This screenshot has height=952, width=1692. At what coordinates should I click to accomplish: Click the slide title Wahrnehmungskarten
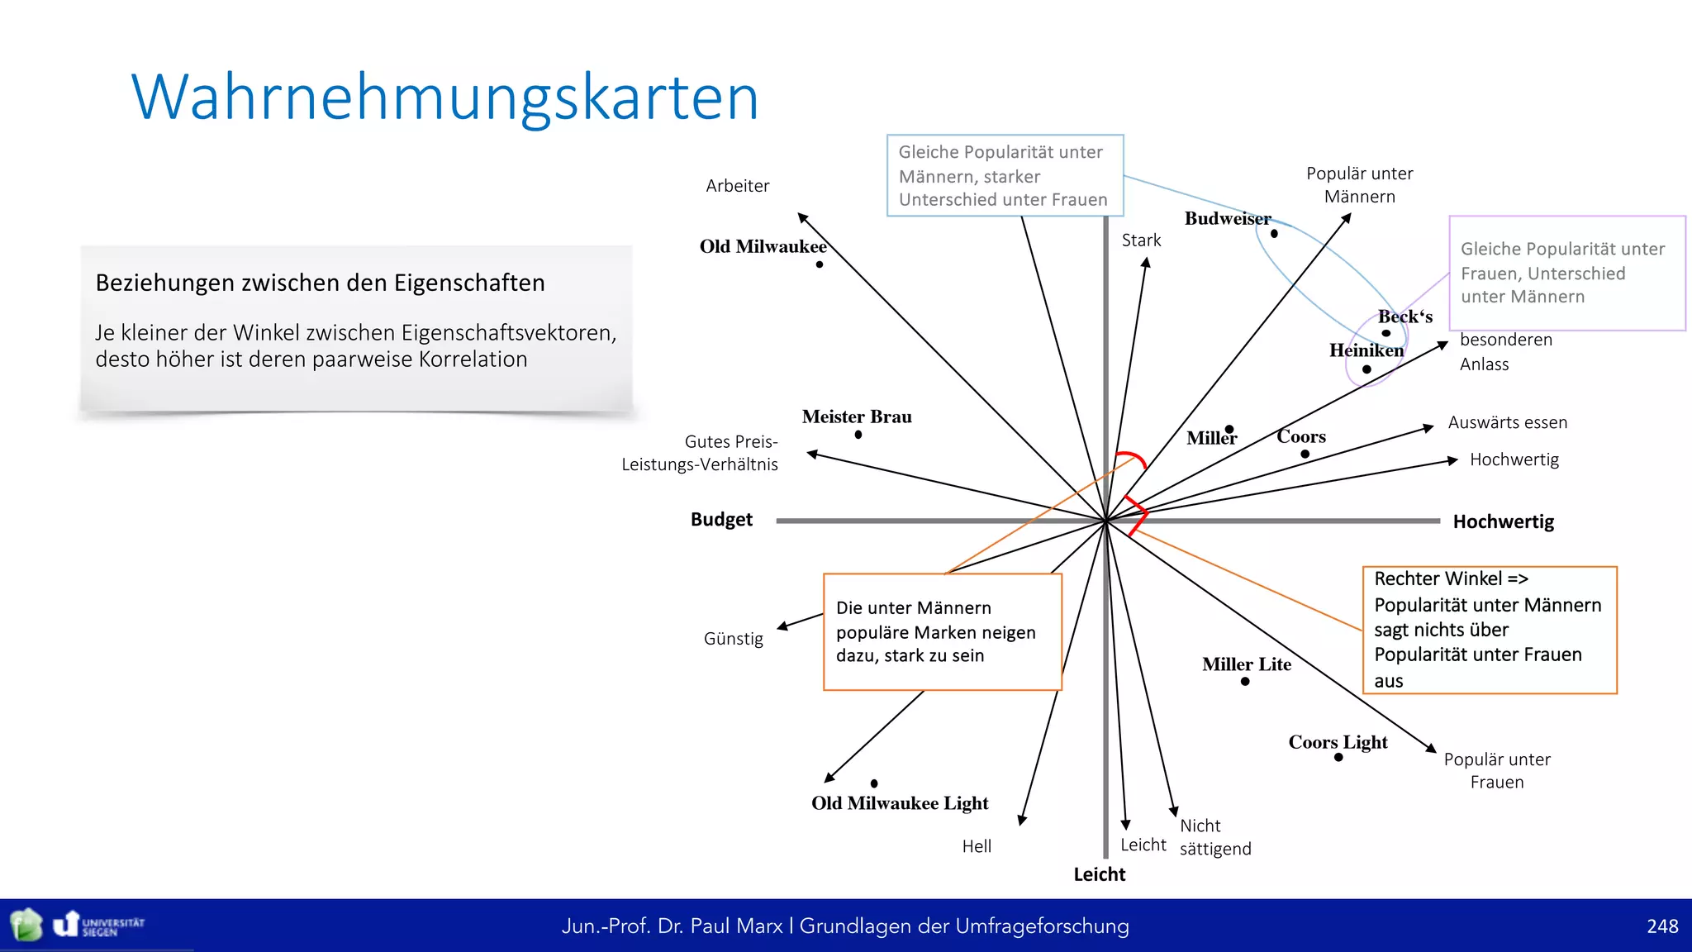(x=444, y=98)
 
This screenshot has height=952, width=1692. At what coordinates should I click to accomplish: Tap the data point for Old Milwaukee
(x=819, y=264)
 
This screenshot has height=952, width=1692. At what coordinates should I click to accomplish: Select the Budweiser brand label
(x=1227, y=219)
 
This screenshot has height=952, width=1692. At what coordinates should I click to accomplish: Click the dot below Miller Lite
(x=1245, y=682)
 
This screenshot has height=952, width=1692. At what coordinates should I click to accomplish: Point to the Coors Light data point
(x=1338, y=757)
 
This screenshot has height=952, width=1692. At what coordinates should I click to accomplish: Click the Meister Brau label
(x=857, y=416)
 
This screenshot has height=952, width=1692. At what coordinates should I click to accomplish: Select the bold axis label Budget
(x=721, y=520)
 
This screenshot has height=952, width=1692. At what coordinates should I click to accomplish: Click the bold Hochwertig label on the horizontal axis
(x=1503, y=522)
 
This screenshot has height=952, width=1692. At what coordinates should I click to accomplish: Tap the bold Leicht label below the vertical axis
(x=1099, y=874)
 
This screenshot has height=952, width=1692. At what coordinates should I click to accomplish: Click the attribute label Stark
(x=1141, y=240)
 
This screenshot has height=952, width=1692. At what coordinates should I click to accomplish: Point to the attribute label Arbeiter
(x=737, y=186)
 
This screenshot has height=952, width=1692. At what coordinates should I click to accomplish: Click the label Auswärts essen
(x=1507, y=423)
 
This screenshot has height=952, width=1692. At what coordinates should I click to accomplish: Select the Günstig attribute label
(x=733, y=639)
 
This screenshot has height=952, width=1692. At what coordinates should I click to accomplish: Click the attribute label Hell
(x=977, y=846)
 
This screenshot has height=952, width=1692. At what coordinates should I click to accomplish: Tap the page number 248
(x=1661, y=926)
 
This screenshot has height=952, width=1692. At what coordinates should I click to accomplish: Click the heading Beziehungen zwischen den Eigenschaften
(x=321, y=283)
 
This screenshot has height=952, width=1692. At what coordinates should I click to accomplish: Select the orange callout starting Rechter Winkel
(x=1489, y=630)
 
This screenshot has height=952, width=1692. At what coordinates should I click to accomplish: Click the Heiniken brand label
(x=1366, y=350)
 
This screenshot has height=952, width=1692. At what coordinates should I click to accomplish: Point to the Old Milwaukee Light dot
(x=874, y=783)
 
